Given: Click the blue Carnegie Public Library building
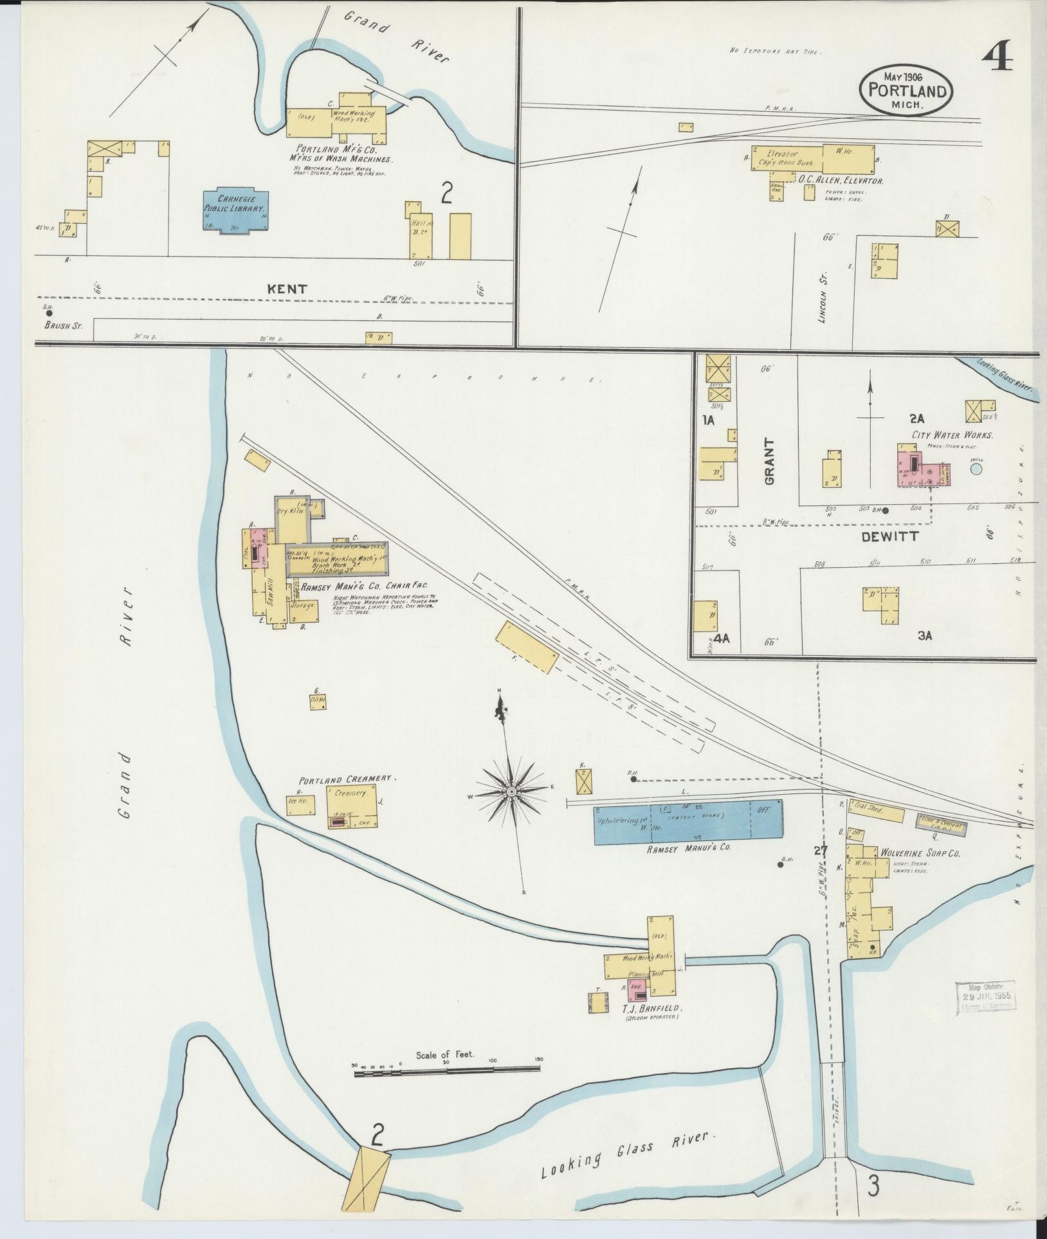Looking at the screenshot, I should click(x=236, y=210).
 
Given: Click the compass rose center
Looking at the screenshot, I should click(x=511, y=791).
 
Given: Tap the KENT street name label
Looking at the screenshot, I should click(x=287, y=289).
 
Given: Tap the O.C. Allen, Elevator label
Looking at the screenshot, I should click(x=840, y=181).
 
